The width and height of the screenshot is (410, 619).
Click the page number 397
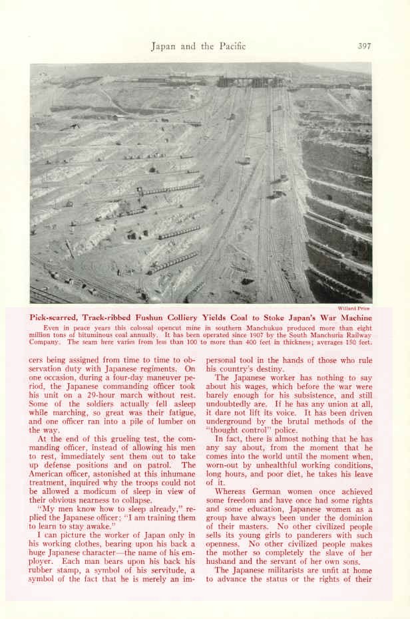coord(364,46)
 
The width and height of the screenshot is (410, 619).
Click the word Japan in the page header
coord(163,46)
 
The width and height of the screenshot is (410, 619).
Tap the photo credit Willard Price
coord(354,309)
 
